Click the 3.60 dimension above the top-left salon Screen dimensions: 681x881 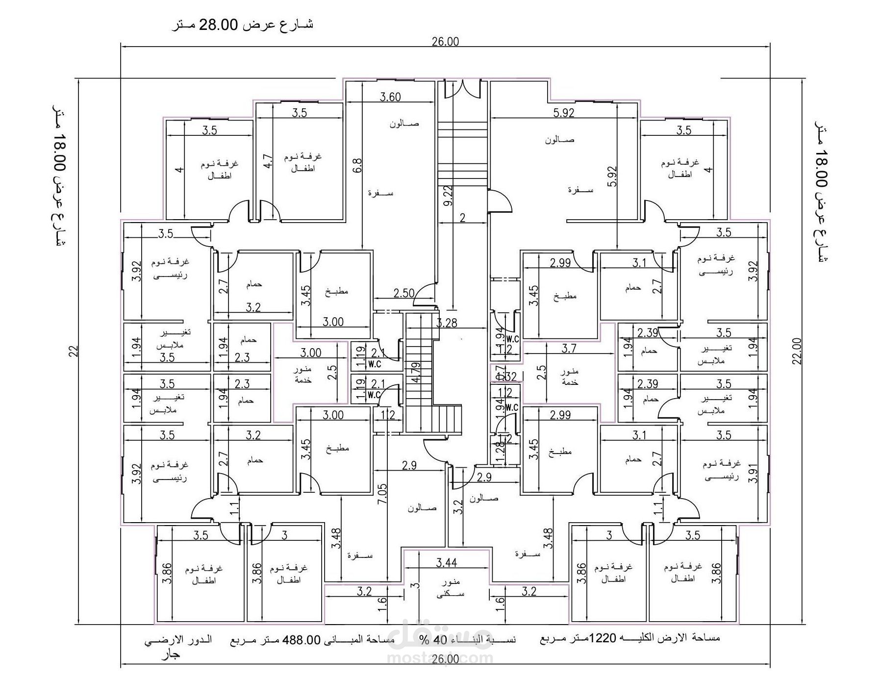(390, 97)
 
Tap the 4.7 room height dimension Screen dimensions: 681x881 (267, 161)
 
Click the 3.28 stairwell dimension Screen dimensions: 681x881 (447, 323)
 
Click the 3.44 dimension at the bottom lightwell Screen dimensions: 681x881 (446, 562)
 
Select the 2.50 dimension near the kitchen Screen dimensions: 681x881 (404, 293)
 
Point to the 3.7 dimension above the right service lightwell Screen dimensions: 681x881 (569, 348)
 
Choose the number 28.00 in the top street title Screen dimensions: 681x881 (218, 24)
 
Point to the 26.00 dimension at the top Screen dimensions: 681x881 (445, 41)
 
